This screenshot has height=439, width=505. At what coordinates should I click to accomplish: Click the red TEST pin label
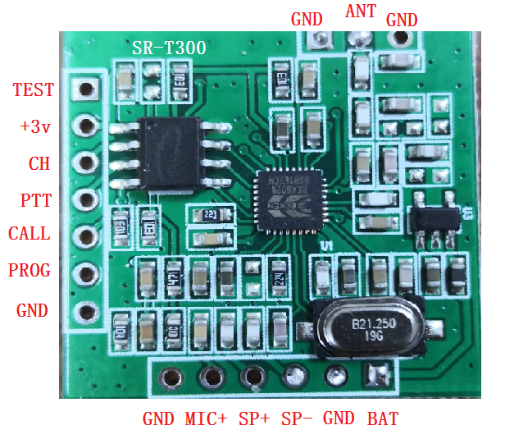(34, 90)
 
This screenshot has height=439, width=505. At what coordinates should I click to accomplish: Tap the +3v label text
(35, 126)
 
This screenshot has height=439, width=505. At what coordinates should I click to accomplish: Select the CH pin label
(39, 163)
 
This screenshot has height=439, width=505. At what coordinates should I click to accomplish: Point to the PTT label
(35, 199)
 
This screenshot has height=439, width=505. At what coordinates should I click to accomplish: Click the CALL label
(30, 234)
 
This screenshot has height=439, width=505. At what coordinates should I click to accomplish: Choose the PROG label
(30, 270)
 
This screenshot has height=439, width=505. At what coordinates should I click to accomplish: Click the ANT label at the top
(361, 11)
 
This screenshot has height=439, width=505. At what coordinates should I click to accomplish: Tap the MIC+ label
(207, 418)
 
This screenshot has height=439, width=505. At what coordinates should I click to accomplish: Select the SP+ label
(254, 418)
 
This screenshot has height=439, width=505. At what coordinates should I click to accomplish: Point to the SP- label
(296, 418)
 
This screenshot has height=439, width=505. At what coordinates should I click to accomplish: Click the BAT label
(383, 418)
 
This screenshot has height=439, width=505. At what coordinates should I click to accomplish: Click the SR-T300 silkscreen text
(169, 48)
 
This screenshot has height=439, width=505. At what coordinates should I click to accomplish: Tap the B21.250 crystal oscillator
(371, 327)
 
